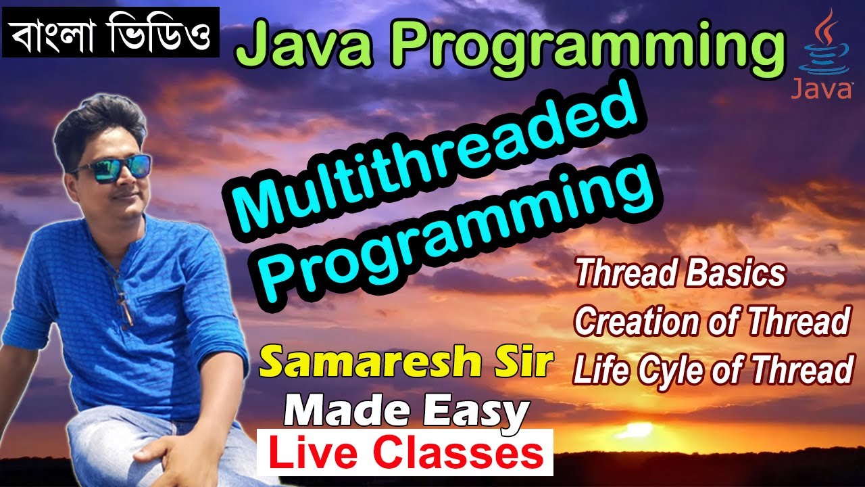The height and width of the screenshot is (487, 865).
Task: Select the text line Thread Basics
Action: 681,275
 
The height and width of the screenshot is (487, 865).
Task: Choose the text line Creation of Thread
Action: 712,322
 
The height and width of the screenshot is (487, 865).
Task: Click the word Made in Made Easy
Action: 344,410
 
